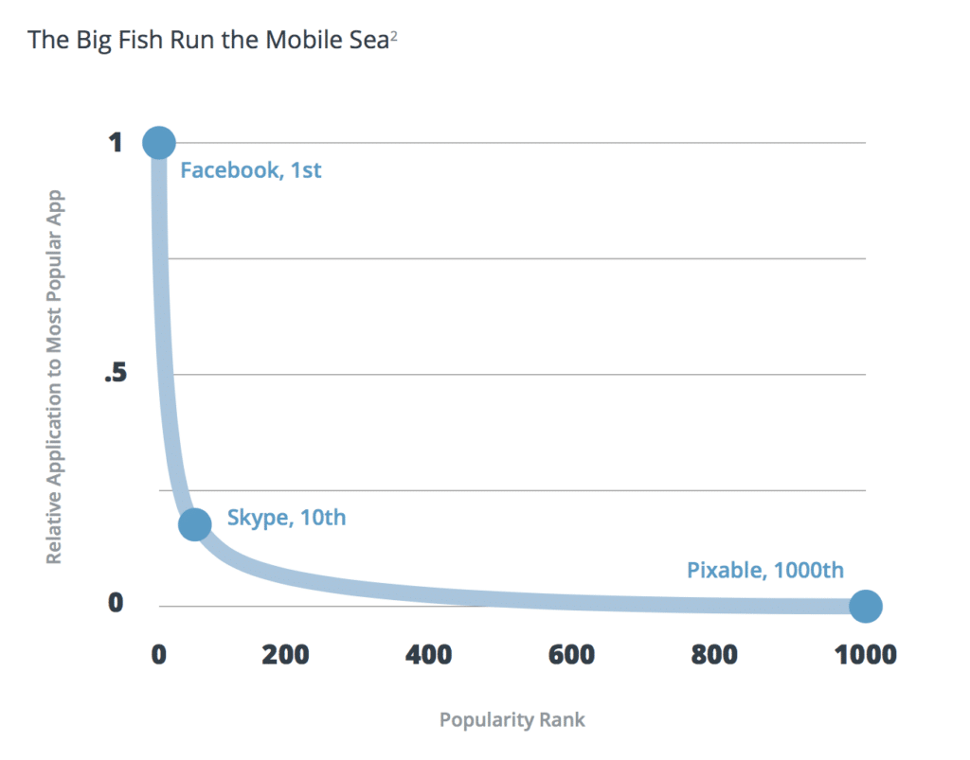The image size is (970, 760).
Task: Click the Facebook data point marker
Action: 158,143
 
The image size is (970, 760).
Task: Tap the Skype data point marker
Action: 194,523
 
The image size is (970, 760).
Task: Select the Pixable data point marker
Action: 865,606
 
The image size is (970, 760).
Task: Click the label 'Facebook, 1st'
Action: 251,171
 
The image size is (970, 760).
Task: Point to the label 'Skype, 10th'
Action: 286,519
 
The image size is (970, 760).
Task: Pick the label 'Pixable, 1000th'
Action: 764,571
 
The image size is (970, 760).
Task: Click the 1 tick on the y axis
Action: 116,143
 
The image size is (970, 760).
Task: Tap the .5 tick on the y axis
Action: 114,375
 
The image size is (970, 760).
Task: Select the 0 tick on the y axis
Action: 116,602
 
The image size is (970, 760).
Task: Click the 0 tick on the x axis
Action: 158,654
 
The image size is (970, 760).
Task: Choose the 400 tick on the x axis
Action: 430,654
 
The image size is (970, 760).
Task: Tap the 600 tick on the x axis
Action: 571,654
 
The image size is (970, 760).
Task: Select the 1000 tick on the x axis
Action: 863,654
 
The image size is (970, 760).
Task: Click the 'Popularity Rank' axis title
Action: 512,720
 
